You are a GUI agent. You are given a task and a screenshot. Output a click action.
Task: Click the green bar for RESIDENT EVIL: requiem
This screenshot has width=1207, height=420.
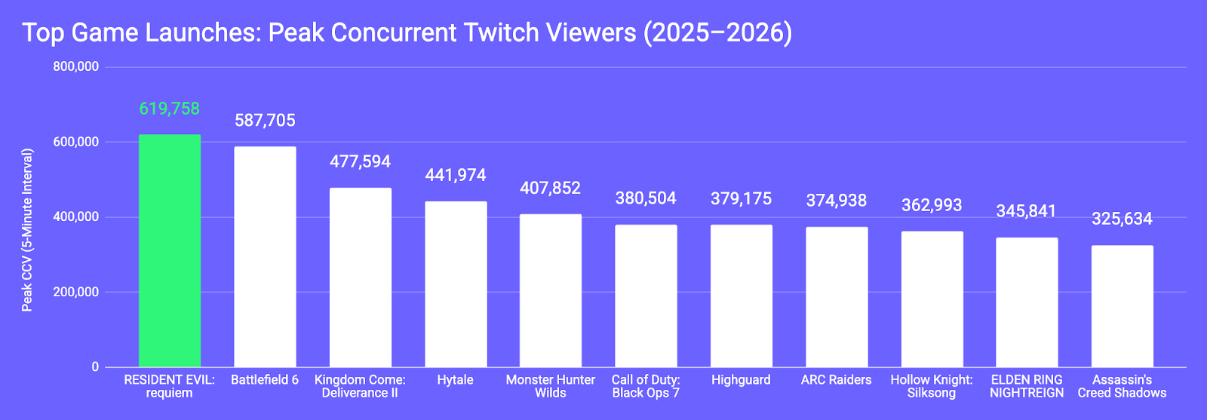point(170,251)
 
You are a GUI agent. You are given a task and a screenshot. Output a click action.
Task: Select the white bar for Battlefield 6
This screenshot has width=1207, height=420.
point(265,256)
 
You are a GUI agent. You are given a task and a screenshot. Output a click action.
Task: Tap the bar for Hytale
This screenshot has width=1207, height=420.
point(456,284)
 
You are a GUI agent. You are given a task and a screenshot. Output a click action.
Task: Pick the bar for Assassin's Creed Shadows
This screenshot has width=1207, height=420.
point(1122,306)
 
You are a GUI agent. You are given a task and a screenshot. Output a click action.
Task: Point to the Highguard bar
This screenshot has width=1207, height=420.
point(741,296)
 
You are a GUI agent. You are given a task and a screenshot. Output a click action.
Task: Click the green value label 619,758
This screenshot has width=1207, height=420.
point(170,109)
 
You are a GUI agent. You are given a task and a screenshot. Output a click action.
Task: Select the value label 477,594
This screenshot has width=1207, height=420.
point(360,161)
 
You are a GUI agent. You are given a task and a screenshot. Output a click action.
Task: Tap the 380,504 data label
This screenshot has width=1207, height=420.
point(646,198)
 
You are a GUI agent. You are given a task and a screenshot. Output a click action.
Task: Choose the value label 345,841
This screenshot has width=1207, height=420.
point(1026,211)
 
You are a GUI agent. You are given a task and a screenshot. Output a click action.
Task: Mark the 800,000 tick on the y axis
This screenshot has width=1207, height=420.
point(76,66)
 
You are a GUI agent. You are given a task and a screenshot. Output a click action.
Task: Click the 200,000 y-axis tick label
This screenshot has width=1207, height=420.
point(76,292)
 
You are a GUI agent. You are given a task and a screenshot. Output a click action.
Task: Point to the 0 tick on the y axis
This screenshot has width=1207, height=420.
point(95,367)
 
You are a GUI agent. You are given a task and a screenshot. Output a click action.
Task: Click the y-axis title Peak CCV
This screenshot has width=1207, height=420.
point(27,230)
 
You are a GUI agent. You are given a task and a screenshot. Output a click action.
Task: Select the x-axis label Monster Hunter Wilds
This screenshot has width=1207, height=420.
point(550,386)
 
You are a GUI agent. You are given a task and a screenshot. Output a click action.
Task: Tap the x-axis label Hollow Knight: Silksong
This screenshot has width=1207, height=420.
point(931,386)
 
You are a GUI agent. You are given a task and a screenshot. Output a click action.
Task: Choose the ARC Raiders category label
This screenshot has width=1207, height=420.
point(836,380)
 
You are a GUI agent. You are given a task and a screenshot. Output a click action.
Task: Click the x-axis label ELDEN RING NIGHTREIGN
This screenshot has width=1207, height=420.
point(1026,386)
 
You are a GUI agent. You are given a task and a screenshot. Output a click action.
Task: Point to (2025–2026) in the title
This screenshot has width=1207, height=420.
point(717,32)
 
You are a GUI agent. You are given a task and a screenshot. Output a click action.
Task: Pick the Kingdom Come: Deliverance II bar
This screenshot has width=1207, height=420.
point(360,277)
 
